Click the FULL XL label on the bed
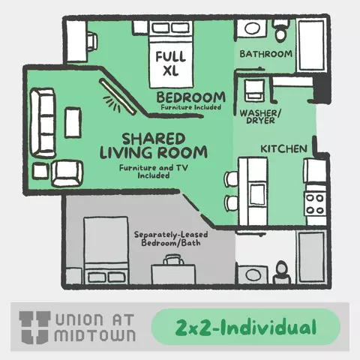pyautogui.click(x=171, y=63)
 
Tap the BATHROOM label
pyautogui.click(x=265, y=54)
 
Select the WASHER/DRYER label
pyautogui.click(x=260, y=116)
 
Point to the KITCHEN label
pyautogui.click(x=283, y=149)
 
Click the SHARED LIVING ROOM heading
pyautogui.click(x=154, y=146)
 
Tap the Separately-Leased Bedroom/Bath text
pyautogui.click(x=171, y=238)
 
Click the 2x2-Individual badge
pyautogui.click(x=246, y=327)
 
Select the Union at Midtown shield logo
pyautogui.click(x=34, y=327)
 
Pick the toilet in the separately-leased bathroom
pyautogui.click(x=281, y=272)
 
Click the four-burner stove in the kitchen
pyautogui.click(x=315, y=204)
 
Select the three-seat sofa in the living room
pyautogui.click(x=42, y=122)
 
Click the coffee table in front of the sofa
pyautogui.click(x=73, y=122)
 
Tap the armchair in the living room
pyautogui.click(x=67, y=173)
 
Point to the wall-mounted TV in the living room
pyautogui.click(x=118, y=97)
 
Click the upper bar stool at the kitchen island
pyautogui.click(x=231, y=179)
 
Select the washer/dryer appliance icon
pyautogui.click(x=254, y=90)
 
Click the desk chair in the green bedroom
pyautogui.click(x=92, y=42)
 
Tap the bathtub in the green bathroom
pyautogui.click(x=311, y=46)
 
